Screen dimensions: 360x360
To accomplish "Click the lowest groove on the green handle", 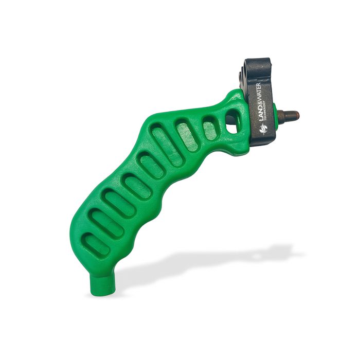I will click(x=97, y=245).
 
